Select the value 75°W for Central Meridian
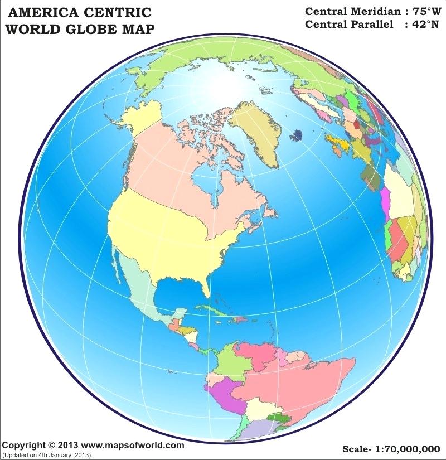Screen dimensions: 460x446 coord(422,11)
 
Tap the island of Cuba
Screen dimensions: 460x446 coord(212,310)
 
